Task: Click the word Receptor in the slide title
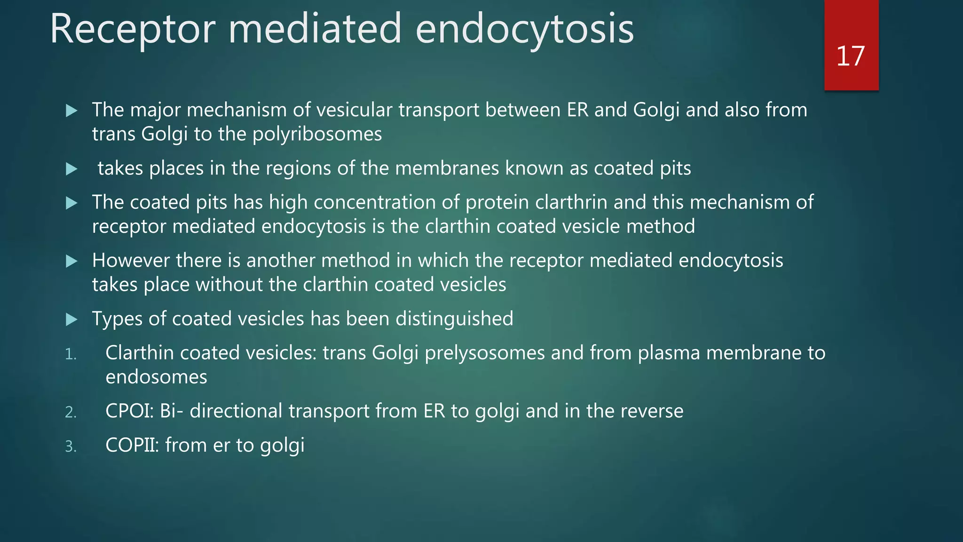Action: click(x=132, y=29)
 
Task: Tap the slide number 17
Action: click(x=850, y=56)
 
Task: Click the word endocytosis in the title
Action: click(x=524, y=29)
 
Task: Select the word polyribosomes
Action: click(x=317, y=135)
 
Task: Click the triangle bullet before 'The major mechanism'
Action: click(x=71, y=111)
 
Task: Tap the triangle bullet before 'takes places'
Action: click(x=71, y=169)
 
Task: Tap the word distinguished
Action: click(x=454, y=319)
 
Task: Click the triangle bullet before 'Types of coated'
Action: click(x=71, y=320)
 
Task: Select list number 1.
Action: click(x=71, y=354)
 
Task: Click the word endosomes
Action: click(x=156, y=377)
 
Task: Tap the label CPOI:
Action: click(x=129, y=411)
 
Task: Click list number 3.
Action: click(x=71, y=446)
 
